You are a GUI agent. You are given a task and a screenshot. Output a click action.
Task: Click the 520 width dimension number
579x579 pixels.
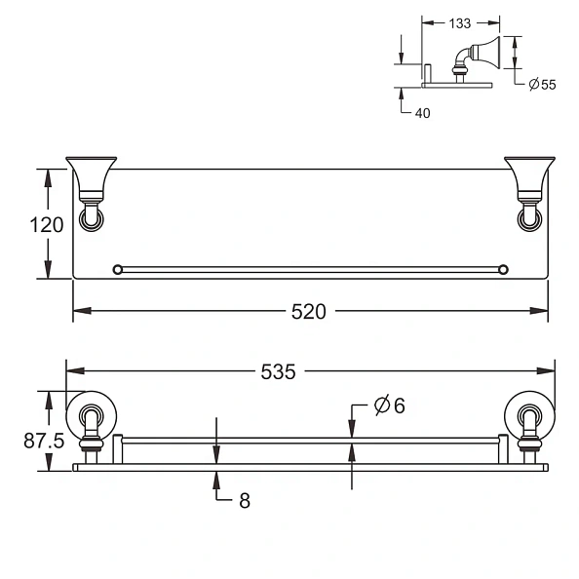coord(309,312)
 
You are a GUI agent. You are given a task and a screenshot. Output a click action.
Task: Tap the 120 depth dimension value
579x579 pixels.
coord(46,225)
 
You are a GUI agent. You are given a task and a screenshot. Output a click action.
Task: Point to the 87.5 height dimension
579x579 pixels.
coord(44,441)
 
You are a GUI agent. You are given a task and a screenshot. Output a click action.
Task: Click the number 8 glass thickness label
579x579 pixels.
coord(245,501)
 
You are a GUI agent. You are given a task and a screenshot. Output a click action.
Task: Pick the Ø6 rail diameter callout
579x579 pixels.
coord(389,406)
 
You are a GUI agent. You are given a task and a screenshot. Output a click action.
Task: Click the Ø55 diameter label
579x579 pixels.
coord(542,85)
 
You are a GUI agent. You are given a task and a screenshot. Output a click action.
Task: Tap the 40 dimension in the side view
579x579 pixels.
coord(421,112)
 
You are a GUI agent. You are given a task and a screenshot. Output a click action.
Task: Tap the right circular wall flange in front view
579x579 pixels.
coord(529,417)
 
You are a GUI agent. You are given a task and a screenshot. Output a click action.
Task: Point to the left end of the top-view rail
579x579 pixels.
coord(118,269)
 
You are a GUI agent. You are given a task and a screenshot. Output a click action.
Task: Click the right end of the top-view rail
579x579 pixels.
coord(503,269)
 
